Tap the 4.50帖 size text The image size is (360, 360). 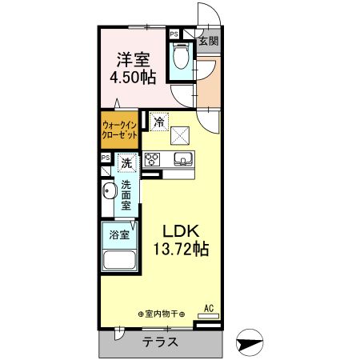pos(133,77)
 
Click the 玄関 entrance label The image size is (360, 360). pos(209,40)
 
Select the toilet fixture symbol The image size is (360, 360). pos(181,57)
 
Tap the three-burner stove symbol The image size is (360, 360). pos(153,158)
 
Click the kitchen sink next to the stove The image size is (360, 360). pos(182,158)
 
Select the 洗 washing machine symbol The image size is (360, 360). pos(127,164)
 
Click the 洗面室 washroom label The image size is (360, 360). pos(126,197)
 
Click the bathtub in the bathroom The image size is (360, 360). pos(118,261)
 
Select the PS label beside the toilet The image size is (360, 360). pos(174,34)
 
